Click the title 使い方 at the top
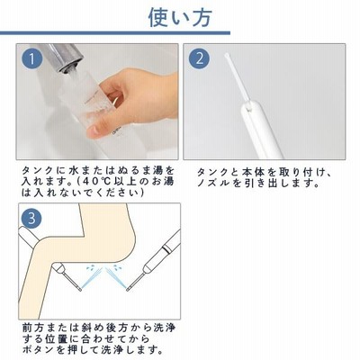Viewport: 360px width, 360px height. point(180,17)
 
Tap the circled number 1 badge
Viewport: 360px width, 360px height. point(31,59)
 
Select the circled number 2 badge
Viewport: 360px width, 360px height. point(199,59)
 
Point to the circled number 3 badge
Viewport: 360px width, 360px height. point(31,219)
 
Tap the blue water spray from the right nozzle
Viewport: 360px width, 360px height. point(118,276)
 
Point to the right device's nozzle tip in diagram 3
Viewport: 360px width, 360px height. point(128,289)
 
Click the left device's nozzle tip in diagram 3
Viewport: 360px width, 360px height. point(80,290)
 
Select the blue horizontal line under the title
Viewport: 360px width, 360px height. point(115,33)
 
